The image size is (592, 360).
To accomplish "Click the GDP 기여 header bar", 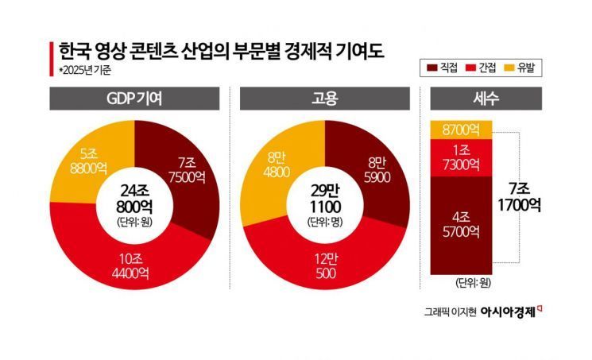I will [134, 101].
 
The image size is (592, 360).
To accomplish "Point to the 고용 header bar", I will [325, 101].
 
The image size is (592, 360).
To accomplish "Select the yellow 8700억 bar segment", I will [461, 128].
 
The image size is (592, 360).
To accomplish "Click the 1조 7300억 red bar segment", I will [461, 157].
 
